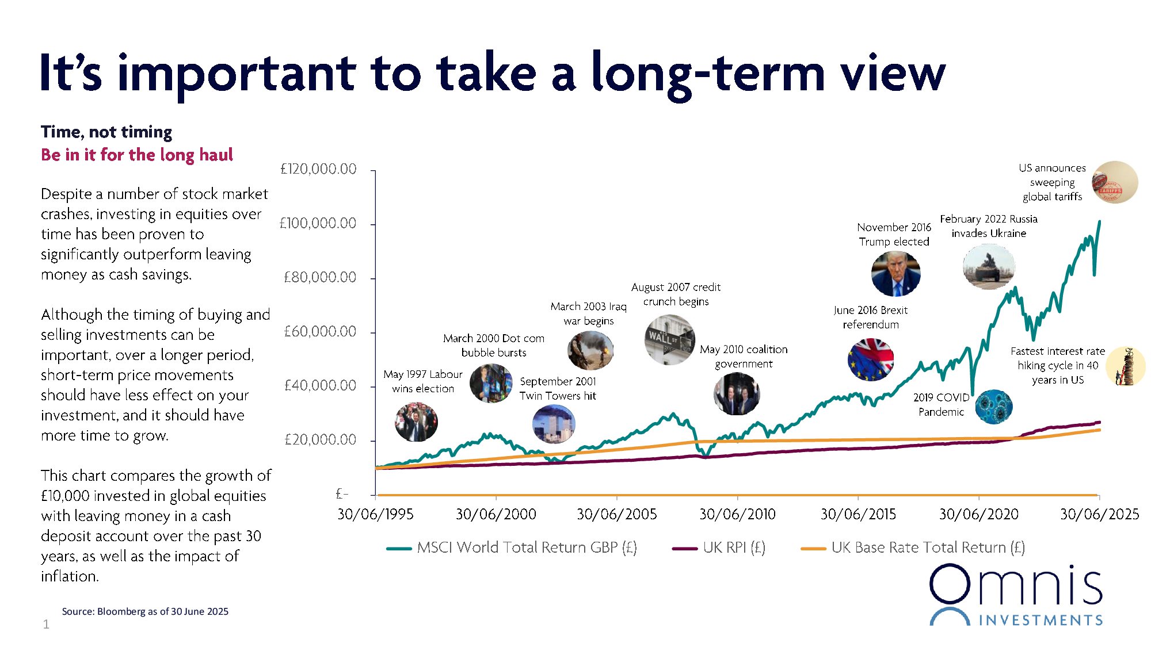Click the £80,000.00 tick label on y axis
coord(320,277)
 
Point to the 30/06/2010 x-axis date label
coord(737,514)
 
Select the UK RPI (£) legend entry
coord(719,548)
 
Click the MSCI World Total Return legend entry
coord(512,548)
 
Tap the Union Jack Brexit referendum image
coord(871,360)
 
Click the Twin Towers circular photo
coord(554,424)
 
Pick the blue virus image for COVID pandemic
coord(993,406)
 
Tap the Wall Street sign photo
coord(669,340)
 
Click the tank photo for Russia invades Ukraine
coord(989,267)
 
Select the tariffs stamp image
coord(1115,182)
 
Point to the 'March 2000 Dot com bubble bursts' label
coord(493,345)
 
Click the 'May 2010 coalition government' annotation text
coord(744,357)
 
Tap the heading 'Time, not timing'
coord(106,132)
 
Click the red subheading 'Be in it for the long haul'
coord(137,155)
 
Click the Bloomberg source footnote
coord(145,611)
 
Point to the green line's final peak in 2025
coord(1099,221)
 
